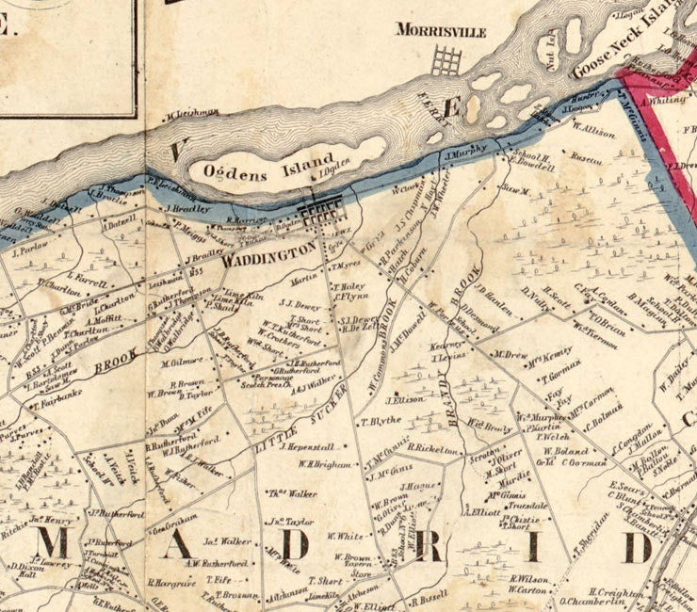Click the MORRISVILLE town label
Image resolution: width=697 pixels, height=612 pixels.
(441, 32)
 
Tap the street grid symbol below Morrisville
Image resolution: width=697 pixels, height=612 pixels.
(446, 61)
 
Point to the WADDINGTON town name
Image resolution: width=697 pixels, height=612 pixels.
(269, 252)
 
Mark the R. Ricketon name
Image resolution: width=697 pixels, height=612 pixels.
(431, 449)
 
